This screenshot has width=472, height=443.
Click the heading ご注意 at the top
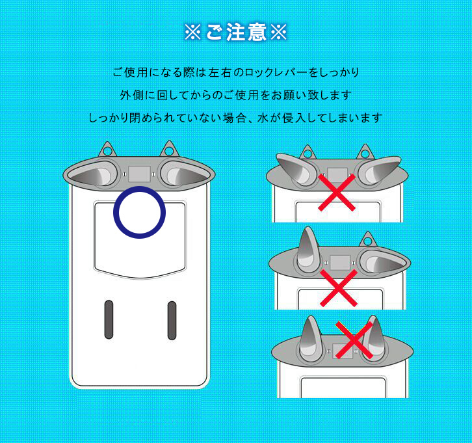point(236,33)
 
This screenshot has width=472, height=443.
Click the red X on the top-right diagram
point(337,193)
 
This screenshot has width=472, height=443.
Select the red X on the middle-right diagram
point(339,288)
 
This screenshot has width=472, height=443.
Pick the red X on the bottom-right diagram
point(354,340)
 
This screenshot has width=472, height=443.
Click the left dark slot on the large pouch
point(109,319)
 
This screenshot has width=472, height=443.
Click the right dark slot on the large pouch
point(172,321)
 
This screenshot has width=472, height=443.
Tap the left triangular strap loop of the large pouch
point(107,150)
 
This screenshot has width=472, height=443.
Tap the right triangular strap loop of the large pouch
point(169,149)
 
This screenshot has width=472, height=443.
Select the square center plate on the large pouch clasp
point(139,174)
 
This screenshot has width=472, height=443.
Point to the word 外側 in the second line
point(131,95)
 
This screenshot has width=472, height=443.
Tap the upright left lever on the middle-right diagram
point(308,250)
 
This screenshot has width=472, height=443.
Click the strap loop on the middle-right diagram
point(367,239)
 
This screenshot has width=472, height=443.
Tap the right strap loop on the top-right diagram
point(365,153)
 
